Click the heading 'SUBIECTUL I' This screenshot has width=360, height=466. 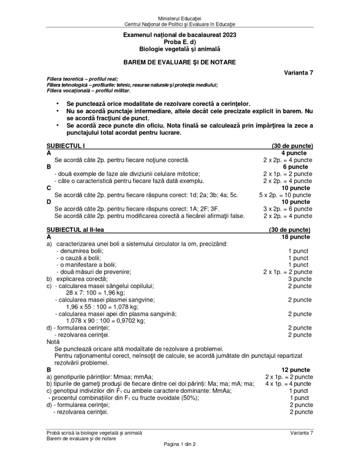pyautogui.click(x=66, y=146)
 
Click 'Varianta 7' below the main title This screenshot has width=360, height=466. pyautogui.click(x=298, y=73)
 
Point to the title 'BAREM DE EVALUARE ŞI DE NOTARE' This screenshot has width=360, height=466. pyautogui.click(x=179, y=62)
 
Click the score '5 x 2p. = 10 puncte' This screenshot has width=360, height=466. pyautogui.click(x=285, y=195)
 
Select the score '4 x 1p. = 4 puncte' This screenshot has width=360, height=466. pyautogui.click(x=288, y=384)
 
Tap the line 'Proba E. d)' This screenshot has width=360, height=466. pyautogui.click(x=179, y=42)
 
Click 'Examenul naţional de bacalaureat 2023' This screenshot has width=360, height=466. pyautogui.click(x=179, y=34)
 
